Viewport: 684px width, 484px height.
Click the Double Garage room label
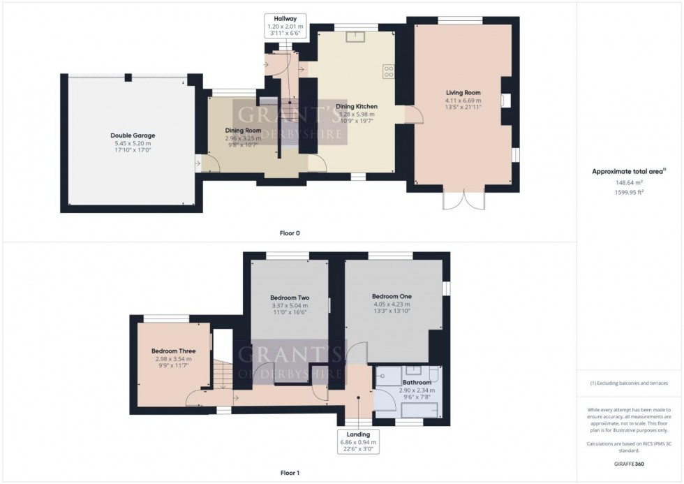(133, 135)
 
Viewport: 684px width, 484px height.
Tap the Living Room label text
(463, 93)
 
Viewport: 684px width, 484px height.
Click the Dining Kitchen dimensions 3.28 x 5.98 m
(356, 114)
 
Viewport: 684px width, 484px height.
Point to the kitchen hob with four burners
(388, 71)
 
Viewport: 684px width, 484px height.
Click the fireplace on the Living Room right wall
(506, 101)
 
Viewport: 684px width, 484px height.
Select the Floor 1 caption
(290, 474)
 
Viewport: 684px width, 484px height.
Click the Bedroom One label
(392, 296)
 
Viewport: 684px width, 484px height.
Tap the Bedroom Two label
(289, 298)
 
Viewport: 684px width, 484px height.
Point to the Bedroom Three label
(173, 351)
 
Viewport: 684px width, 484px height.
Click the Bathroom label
(417, 383)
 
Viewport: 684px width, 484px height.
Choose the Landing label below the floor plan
(359, 434)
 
